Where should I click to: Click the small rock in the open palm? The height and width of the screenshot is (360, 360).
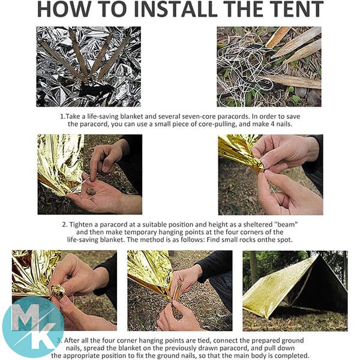tap(91, 191)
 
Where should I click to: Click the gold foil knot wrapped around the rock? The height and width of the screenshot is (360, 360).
tap(58, 292)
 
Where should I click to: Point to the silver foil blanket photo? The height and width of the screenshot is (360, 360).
tap(89, 67)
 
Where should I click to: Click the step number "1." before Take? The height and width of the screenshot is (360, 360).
tap(62, 116)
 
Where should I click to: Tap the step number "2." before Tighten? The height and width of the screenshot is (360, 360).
tap(65, 224)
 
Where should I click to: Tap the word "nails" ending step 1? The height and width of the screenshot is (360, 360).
tap(284, 124)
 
